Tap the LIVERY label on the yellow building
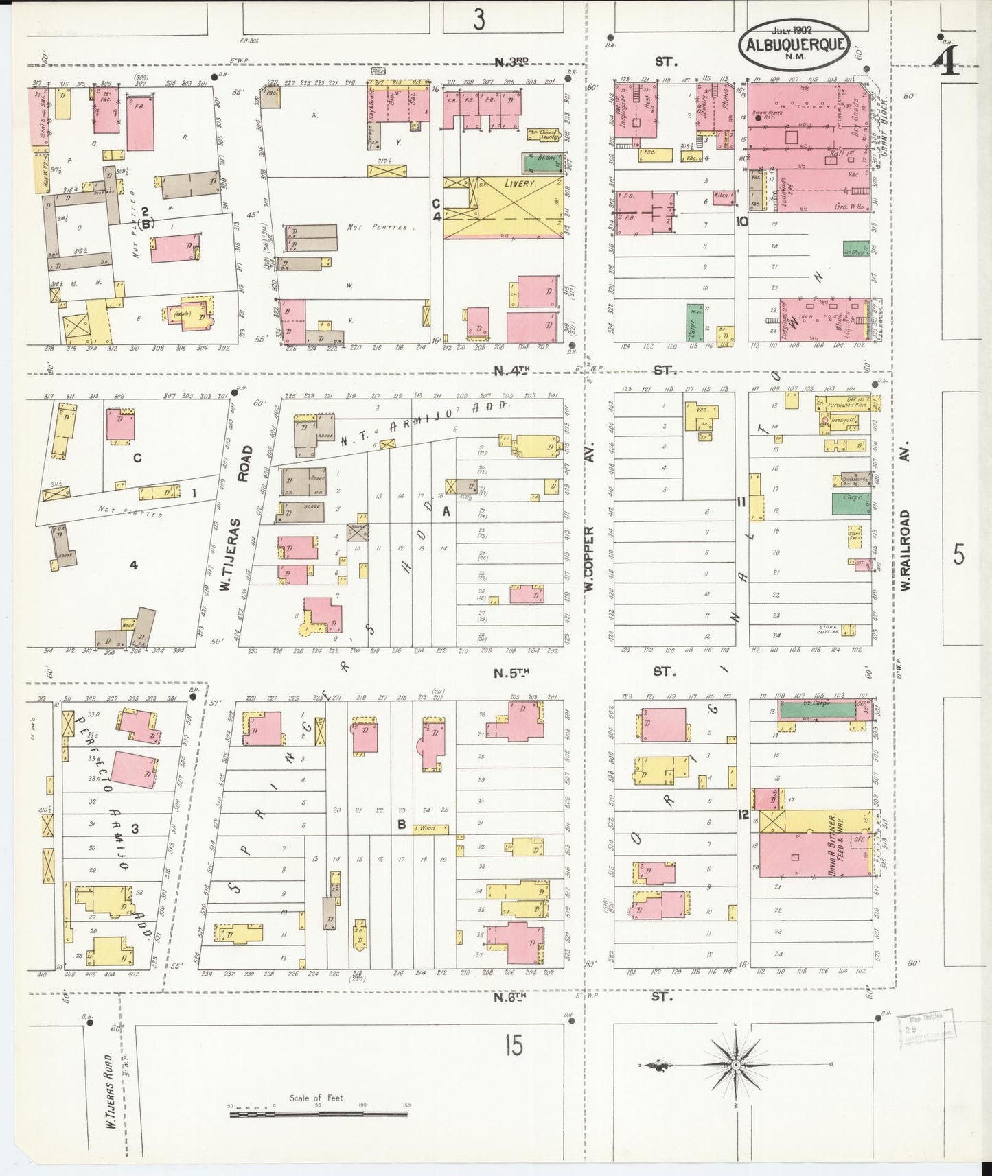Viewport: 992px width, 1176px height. click(519, 185)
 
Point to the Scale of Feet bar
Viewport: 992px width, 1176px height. click(317, 1109)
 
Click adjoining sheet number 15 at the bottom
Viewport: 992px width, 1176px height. click(513, 1046)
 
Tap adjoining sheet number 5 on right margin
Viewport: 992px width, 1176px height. click(958, 554)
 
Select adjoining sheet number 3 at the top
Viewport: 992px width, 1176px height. click(478, 19)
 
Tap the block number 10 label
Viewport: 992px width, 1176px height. click(741, 222)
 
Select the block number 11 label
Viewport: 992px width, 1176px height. click(741, 502)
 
